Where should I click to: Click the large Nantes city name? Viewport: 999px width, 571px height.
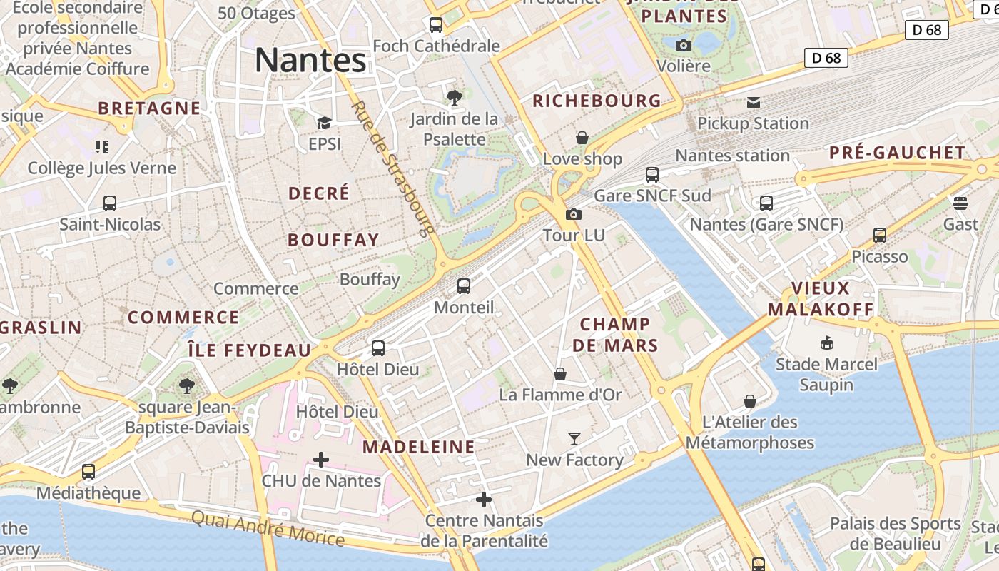coord(310,60)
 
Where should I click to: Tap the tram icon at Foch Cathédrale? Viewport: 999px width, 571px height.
coord(435,25)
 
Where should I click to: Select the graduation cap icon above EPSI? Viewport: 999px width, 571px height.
coord(324,123)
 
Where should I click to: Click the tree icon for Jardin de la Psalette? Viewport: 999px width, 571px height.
coord(453,97)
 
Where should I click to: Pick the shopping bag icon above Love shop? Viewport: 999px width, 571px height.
coord(582,138)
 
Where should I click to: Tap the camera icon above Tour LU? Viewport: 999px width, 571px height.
coord(573,214)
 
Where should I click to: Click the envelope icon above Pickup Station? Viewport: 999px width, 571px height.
coord(753,103)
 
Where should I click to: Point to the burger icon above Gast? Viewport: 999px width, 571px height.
coord(960,203)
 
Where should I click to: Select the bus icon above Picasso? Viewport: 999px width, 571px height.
coord(880,236)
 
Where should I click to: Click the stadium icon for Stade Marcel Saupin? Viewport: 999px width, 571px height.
coord(826,343)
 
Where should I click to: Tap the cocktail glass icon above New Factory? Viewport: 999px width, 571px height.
coord(574,439)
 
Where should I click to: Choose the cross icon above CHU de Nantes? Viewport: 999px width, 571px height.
coord(321,460)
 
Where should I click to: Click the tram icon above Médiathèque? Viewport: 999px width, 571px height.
coord(88,472)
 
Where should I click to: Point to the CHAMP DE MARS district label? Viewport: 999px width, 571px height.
coord(615,335)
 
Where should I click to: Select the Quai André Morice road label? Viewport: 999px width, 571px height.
coord(268,527)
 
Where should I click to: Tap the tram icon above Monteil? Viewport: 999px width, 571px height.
coord(464,286)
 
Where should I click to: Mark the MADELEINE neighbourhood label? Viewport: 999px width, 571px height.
coord(419,448)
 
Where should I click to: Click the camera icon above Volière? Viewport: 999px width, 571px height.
coord(683,45)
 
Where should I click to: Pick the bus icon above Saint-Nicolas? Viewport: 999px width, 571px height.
coord(110,203)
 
